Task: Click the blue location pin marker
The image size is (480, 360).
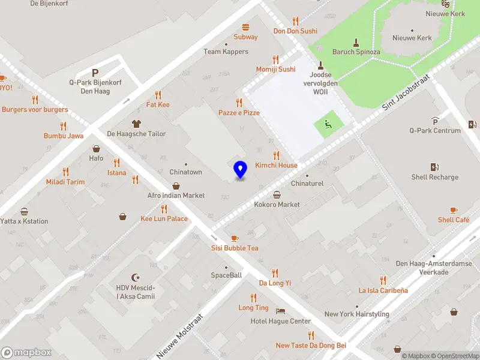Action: pyautogui.click(x=240, y=170)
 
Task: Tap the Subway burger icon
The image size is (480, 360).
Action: pyautogui.click(x=245, y=27)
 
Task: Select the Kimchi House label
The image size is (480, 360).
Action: pyautogui.click(x=276, y=166)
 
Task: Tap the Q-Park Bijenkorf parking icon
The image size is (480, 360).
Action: pyautogui.click(x=95, y=72)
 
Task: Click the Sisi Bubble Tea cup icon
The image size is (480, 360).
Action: pyautogui.click(x=235, y=238)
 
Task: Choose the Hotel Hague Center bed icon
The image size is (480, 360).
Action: pyautogui.click(x=280, y=311)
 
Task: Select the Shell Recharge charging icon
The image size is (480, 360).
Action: pyautogui.click(x=435, y=167)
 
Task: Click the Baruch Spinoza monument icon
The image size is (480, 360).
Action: pyautogui.click(x=356, y=42)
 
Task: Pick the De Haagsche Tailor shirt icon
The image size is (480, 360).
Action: pyautogui.click(x=136, y=124)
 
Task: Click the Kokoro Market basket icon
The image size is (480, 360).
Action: pyautogui.click(x=277, y=194)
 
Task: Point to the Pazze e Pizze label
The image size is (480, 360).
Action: pyautogui.click(x=239, y=113)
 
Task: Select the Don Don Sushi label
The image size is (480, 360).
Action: pyautogui.click(x=295, y=31)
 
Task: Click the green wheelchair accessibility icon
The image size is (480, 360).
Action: pyautogui.click(x=328, y=125)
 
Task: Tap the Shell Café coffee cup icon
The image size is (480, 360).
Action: pyautogui.click(x=454, y=210)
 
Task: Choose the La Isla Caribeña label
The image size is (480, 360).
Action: pyautogui.click(x=383, y=290)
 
